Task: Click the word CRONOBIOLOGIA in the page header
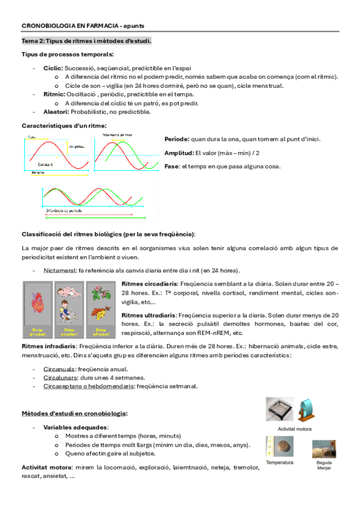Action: (45, 26)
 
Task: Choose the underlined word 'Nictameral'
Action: (59, 271)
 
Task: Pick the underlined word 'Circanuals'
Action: (58, 368)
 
